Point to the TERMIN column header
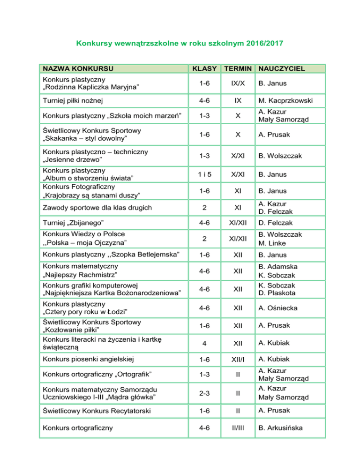237,69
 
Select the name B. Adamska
278,266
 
